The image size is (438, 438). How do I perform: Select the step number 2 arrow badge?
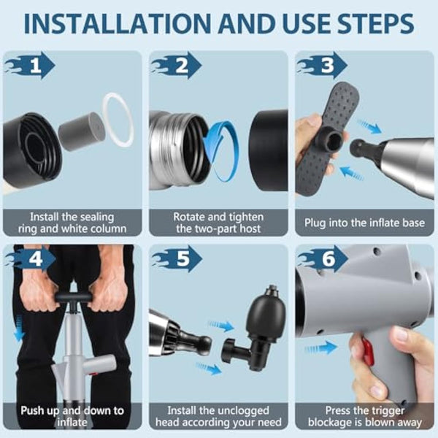(178, 67)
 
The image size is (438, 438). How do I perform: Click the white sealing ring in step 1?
(118, 120)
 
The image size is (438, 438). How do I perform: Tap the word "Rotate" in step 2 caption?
(191, 216)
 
